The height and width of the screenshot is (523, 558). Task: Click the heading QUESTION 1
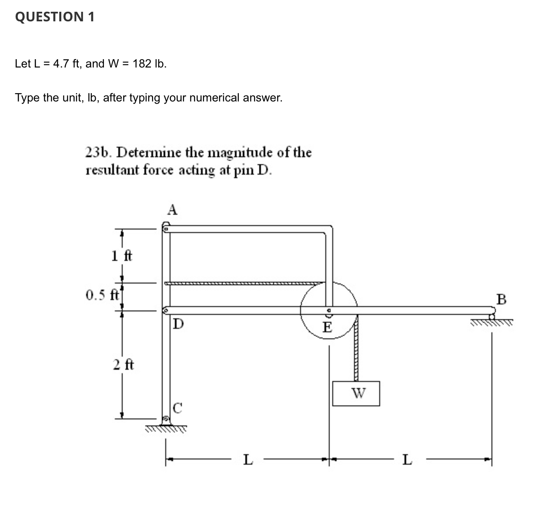54,17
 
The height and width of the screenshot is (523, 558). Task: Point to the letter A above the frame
172,210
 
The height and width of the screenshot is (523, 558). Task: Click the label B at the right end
501,300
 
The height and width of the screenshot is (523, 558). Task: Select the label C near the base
177,408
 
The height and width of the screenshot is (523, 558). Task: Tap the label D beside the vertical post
178,324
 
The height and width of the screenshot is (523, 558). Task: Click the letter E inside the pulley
327,327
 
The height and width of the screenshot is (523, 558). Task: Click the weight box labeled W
356,394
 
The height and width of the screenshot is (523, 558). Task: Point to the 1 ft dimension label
121,256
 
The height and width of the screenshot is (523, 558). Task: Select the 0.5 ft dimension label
102,296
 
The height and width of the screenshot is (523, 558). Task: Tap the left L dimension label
247,459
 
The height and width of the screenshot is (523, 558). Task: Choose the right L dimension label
407,459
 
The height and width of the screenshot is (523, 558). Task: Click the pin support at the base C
166,420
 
